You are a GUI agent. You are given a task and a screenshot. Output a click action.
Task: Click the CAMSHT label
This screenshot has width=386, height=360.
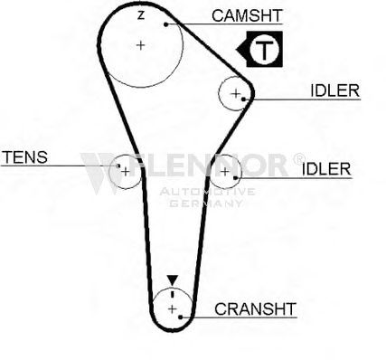click(247, 15)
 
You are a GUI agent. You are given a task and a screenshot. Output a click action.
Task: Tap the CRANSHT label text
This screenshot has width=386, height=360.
click(255, 309)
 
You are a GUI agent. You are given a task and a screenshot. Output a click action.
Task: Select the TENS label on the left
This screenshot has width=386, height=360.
click(24, 157)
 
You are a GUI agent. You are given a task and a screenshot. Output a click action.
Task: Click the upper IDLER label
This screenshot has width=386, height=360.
click(335, 90)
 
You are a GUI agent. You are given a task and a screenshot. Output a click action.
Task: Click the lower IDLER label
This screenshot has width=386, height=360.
click(326, 169)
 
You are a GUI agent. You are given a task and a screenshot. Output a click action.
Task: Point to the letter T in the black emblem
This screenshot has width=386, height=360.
click(264, 49)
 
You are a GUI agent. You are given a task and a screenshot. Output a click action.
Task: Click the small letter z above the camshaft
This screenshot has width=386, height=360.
click(141, 15)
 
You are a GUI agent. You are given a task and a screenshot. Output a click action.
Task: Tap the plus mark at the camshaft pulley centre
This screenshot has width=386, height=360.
click(140, 45)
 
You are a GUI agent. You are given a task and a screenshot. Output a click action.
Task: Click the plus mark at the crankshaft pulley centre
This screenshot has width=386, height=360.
click(172, 309)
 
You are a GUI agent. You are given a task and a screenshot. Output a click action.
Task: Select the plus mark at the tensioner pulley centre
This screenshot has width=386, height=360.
click(126, 172)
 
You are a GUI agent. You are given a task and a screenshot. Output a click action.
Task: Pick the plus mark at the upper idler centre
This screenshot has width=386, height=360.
click(235, 93)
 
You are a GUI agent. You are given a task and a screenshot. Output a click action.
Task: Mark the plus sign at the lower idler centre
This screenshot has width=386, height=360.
click(225, 172)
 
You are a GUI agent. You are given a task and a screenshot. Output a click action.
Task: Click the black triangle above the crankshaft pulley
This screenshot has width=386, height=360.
click(173, 280)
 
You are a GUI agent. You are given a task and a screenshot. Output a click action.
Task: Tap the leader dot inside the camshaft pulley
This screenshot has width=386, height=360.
click(165, 24)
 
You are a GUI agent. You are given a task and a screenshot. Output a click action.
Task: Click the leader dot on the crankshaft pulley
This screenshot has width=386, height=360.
click(180, 317)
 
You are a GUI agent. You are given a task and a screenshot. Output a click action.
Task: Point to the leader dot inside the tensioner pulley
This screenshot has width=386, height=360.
click(118, 166)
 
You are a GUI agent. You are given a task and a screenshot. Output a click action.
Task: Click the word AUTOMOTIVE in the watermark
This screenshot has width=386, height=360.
click(208, 192)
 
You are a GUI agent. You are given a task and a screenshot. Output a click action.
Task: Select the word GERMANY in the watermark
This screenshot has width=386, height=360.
click(206, 204)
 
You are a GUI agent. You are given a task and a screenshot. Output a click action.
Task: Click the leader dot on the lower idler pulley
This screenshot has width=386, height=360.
click(235, 178)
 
